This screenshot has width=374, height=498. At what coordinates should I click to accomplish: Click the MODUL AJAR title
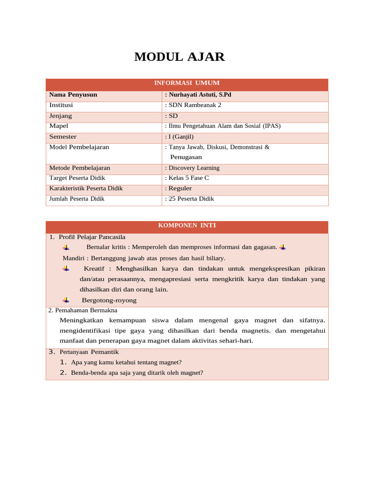[179, 57]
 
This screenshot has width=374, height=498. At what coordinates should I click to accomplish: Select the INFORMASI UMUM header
[187, 84]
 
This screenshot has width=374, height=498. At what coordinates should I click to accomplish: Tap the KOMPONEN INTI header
[187, 226]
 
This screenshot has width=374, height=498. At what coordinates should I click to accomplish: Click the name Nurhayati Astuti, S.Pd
[199, 94]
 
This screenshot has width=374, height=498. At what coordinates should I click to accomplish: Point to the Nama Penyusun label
[73, 94]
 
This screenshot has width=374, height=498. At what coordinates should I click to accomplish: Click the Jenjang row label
[60, 116]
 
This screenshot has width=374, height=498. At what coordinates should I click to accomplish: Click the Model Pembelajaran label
[79, 147]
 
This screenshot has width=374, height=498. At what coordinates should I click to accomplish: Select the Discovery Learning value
[193, 168]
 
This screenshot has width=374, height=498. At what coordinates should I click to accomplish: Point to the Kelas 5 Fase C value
[188, 178]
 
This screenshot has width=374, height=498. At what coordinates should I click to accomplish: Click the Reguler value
[180, 188]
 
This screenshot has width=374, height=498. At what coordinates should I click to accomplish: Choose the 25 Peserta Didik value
[191, 198]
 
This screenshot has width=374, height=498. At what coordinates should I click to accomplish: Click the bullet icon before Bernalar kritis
[66, 247]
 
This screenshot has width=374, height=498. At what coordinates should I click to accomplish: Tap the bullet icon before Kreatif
[66, 268]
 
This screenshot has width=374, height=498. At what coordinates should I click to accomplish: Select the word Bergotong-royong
[109, 300]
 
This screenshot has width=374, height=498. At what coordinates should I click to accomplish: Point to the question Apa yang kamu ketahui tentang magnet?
[126, 362]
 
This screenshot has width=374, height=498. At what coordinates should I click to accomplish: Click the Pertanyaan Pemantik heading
[89, 352]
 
